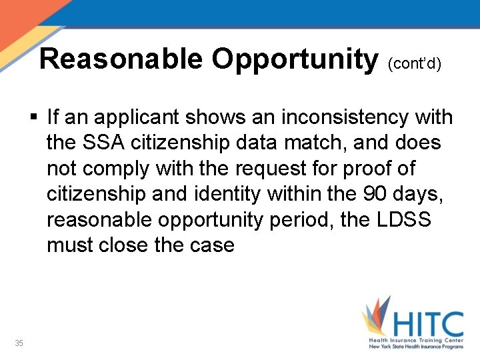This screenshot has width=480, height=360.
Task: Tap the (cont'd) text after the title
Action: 414,65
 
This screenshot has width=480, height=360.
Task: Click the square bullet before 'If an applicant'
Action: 35,118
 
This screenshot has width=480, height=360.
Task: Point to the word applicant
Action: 137,118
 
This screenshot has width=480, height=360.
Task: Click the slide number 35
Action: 19,343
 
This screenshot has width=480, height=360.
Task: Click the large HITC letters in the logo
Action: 427,325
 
